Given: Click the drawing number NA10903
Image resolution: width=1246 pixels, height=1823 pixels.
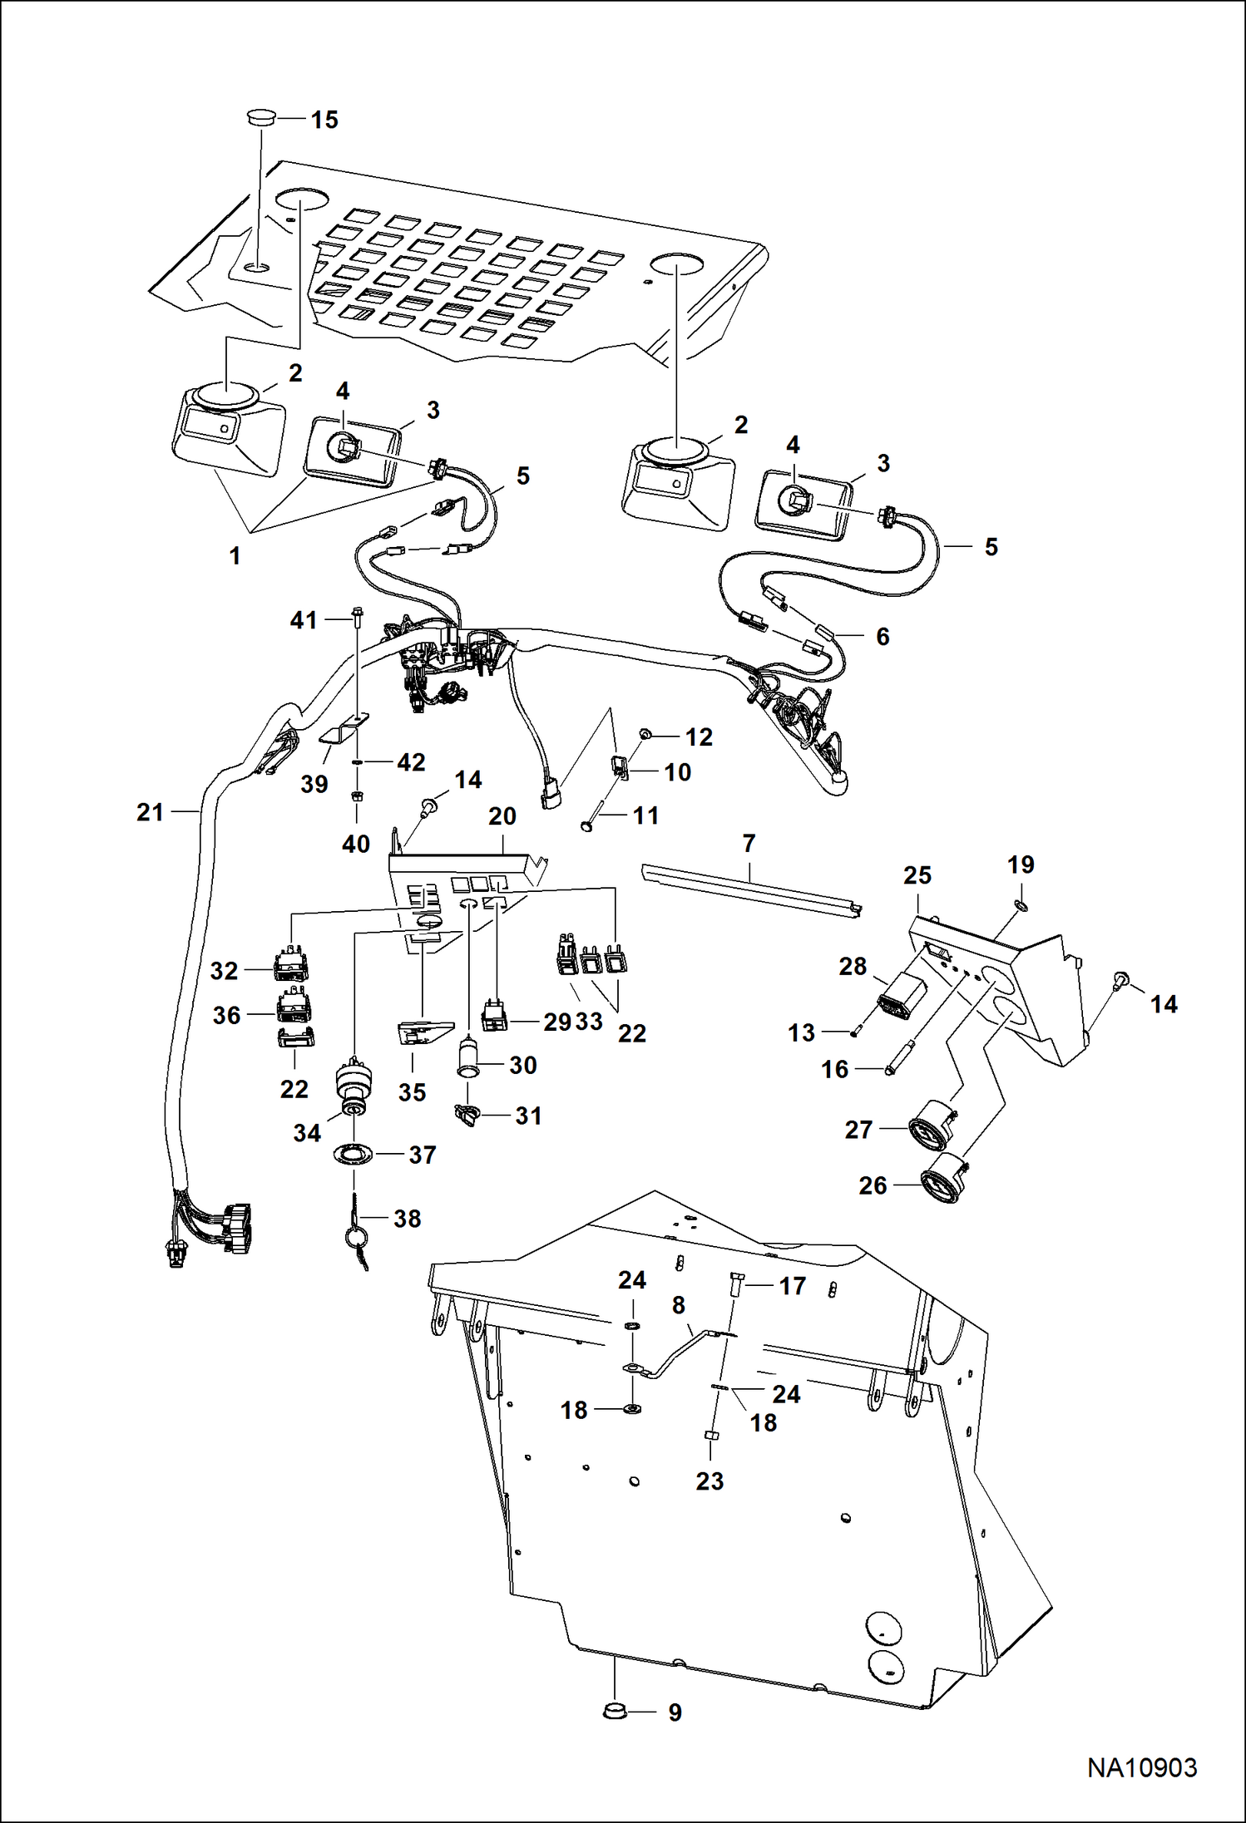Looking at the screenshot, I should coord(1141,1767).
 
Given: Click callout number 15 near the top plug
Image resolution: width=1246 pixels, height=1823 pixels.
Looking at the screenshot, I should coord(324,120).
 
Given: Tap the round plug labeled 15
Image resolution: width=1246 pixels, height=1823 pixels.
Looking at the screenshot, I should coord(260,118).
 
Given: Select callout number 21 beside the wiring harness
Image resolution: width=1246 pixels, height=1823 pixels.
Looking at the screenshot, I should coord(151,812).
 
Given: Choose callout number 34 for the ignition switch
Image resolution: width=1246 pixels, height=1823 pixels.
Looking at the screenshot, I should coord(307,1132).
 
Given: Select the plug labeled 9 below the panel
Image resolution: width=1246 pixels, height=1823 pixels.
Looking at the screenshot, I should coord(616,1712).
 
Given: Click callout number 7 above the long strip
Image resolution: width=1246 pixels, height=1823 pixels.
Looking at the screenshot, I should coord(749,844).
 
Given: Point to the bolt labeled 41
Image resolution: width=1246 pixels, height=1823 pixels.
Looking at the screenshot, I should coord(358,618).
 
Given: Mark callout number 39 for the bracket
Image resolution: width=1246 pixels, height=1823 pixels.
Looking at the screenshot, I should coord(314,784).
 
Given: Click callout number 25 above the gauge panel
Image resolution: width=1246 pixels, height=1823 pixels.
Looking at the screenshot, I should coord(917,875).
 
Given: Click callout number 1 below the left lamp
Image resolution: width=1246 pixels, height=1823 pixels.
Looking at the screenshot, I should coord(235,556).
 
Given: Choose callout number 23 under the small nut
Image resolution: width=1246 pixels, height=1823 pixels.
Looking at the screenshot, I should coord(710,1481).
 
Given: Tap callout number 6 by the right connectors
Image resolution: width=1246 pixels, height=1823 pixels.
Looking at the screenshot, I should coord(883,637).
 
